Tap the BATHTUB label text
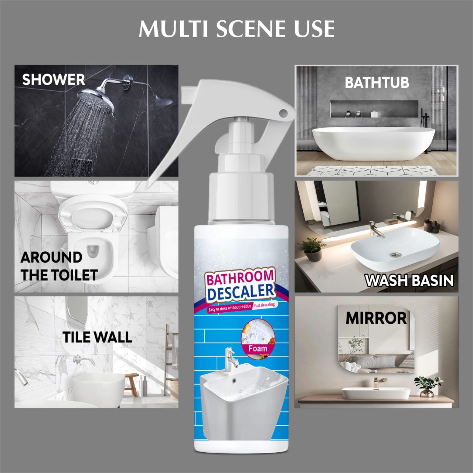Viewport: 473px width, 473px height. (x=377, y=82)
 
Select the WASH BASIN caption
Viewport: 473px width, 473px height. (x=409, y=280)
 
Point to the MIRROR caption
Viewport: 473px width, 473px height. (x=376, y=318)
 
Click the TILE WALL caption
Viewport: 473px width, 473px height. (x=97, y=337)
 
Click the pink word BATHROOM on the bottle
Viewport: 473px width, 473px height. (x=240, y=278)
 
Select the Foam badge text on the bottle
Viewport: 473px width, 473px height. (x=258, y=348)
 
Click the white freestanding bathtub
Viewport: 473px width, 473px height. (x=373, y=144)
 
